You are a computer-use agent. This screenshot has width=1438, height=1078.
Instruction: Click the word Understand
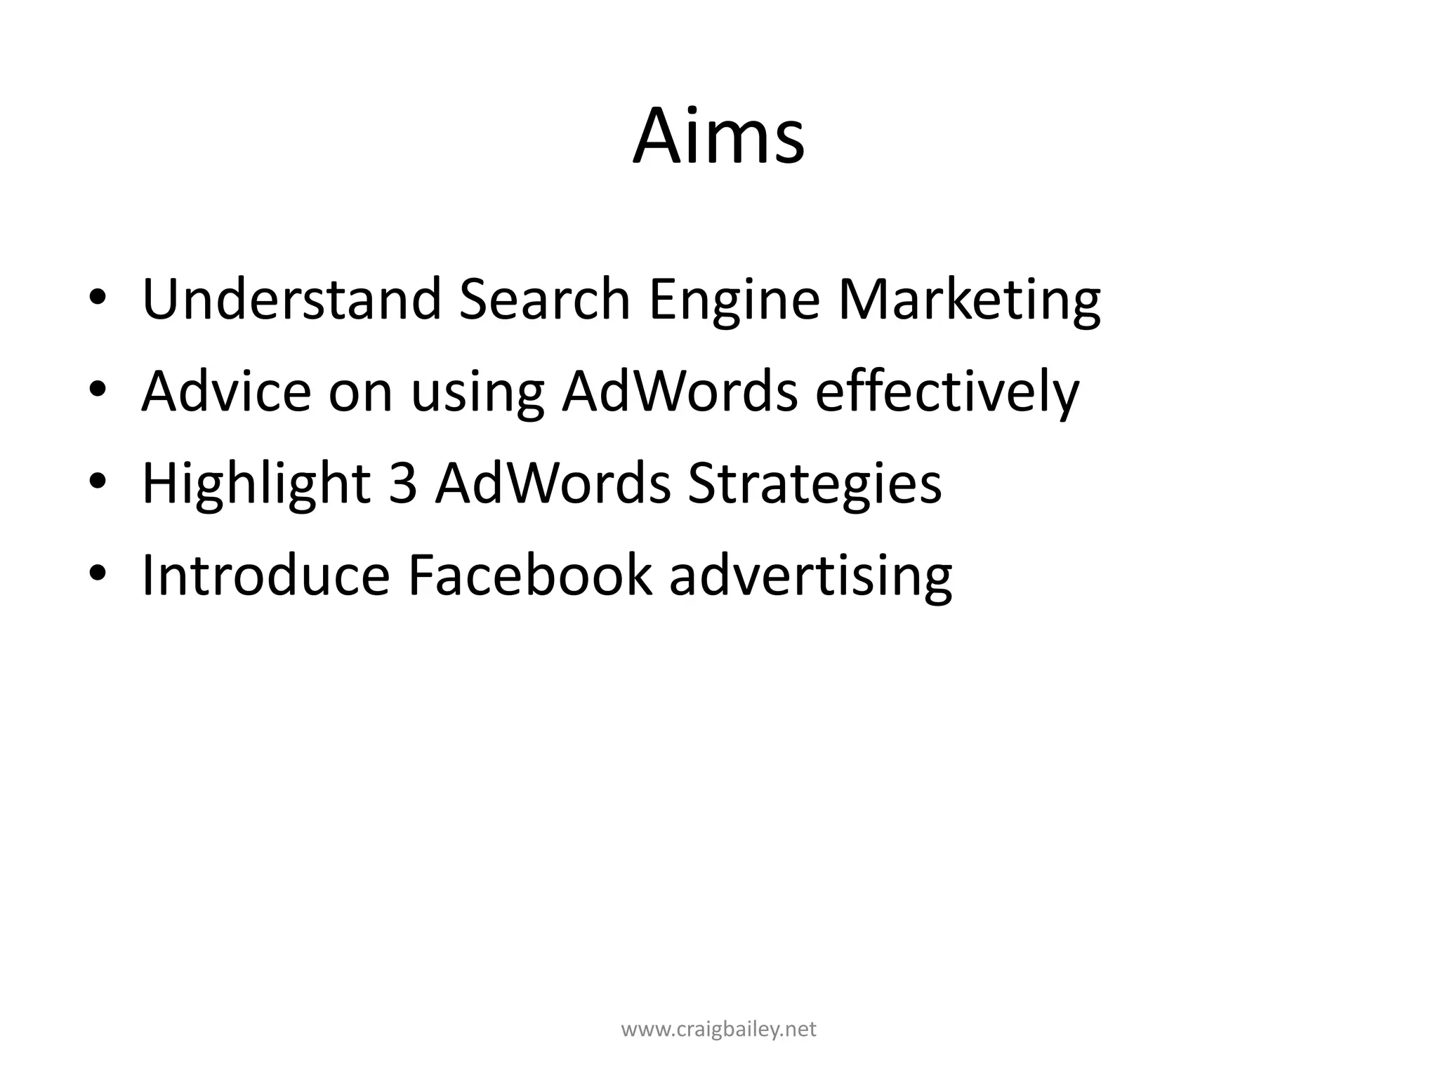291,299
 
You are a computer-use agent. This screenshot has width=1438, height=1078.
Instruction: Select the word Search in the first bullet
544,299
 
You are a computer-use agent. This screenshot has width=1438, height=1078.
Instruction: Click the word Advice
226,391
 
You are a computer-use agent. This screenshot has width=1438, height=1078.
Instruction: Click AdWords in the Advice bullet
680,391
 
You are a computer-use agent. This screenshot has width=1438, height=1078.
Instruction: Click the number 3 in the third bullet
402,484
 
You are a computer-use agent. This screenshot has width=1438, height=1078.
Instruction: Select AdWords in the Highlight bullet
553,484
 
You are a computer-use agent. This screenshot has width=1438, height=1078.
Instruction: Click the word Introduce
265,575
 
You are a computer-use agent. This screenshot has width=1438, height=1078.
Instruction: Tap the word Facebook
529,575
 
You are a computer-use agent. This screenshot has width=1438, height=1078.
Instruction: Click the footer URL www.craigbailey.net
718,1030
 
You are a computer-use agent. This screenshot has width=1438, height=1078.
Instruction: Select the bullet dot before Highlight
98,485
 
